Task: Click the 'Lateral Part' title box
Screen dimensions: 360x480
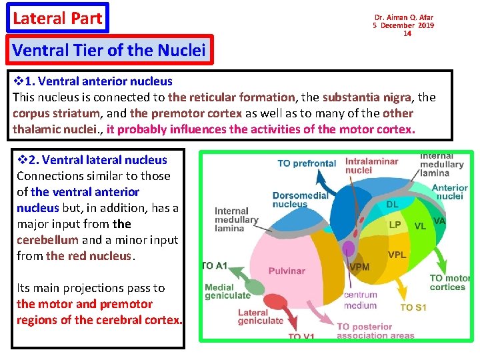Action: coord(57,18)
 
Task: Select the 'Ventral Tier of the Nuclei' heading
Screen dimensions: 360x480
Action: coord(110,50)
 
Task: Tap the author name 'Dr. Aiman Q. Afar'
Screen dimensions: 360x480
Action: coord(403,17)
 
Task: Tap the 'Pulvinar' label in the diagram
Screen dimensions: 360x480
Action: coord(287,271)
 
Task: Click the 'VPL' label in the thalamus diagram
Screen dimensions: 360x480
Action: coord(397,255)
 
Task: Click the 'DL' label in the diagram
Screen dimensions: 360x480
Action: coord(393,204)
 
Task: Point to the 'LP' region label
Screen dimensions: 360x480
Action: coord(395,225)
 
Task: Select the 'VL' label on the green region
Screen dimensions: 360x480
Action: coord(420,226)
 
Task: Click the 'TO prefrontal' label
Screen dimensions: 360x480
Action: coord(307,163)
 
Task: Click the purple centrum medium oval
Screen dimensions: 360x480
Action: coord(348,249)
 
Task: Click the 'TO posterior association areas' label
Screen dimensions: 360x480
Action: coord(375,331)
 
